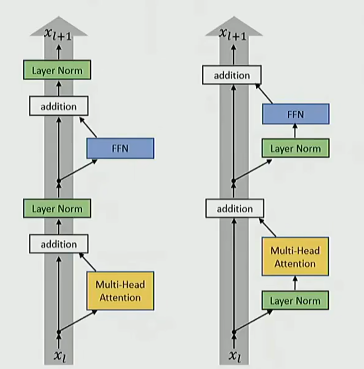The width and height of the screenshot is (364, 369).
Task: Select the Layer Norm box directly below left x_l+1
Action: click(57, 71)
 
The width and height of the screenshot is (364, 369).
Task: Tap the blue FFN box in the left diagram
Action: click(120, 148)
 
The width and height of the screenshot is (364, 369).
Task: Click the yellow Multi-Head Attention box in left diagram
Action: click(120, 291)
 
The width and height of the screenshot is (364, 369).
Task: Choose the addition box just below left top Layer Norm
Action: click(59, 106)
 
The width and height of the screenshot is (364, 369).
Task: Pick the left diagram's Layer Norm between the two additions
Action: click(57, 208)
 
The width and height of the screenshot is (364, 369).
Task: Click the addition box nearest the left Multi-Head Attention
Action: click(59, 244)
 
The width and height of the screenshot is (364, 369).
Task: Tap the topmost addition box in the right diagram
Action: click(232, 75)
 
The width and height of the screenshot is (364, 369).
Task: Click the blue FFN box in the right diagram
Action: click(295, 114)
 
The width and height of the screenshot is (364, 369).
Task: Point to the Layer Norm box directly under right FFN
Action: click(295, 149)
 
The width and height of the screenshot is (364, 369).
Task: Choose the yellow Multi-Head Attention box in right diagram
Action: click(295, 256)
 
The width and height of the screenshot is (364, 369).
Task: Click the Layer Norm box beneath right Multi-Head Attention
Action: click(295, 301)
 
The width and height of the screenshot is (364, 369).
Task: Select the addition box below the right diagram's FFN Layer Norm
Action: click(235, 208)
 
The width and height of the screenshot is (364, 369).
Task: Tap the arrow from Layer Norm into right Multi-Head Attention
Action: click(295, 284)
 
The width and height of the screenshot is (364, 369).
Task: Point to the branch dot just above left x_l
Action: click(59, 332)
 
